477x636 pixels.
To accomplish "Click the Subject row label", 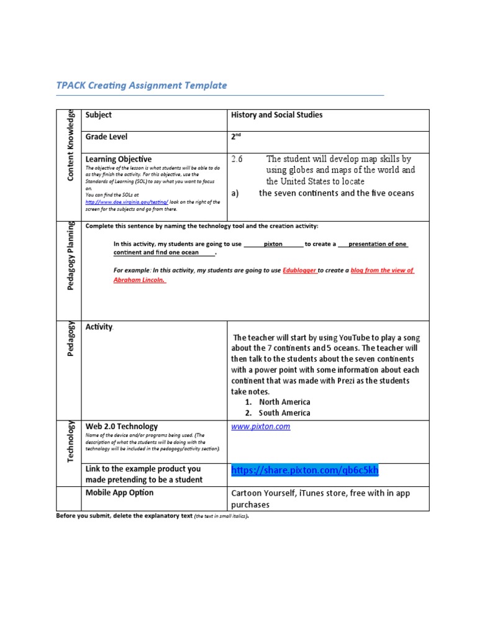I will [x=99, y=116].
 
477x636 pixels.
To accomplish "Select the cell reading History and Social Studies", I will [x=276, y=116].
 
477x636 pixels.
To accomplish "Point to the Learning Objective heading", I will [x=118, y=159].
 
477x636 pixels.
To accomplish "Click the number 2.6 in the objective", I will [x=237, y=159].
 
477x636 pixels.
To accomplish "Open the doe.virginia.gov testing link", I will [x=127, y=202].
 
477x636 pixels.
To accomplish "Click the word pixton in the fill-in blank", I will [x=273, y=244].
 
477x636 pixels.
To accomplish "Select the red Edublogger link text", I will [x=301, y=271].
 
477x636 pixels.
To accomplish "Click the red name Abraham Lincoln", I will [x=140, y=280].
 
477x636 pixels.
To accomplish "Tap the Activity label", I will [x=99, y=327].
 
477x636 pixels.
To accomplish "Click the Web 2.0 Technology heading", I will [x=122, y=427].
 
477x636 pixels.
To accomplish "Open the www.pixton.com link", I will [x=260, y=427].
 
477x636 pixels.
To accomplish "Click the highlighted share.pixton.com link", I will [x=304, y=471].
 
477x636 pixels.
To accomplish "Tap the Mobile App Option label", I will [x=119, y=493].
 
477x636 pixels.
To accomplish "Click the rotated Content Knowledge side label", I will [x=71, y=145].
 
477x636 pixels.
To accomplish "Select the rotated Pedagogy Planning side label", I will [x=71, y=258].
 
